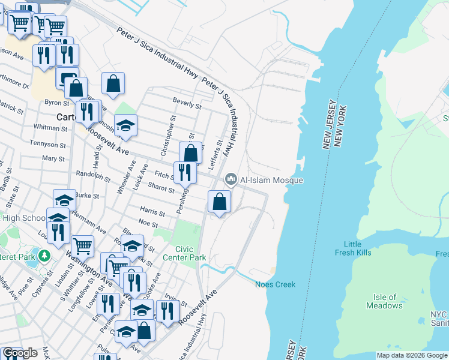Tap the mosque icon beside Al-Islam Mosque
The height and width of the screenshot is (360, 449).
231,179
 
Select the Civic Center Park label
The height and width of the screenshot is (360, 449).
190,253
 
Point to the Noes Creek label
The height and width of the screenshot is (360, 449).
275,284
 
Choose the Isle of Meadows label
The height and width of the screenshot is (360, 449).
384,301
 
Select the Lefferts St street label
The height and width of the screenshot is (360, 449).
220,152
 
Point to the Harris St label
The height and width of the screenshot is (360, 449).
152,212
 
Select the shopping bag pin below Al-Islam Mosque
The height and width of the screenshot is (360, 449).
220,202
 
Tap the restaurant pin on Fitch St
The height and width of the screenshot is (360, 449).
185,173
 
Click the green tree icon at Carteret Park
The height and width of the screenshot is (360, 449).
43,256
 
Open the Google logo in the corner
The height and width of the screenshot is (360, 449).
20,353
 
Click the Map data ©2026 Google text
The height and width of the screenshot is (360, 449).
412,355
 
